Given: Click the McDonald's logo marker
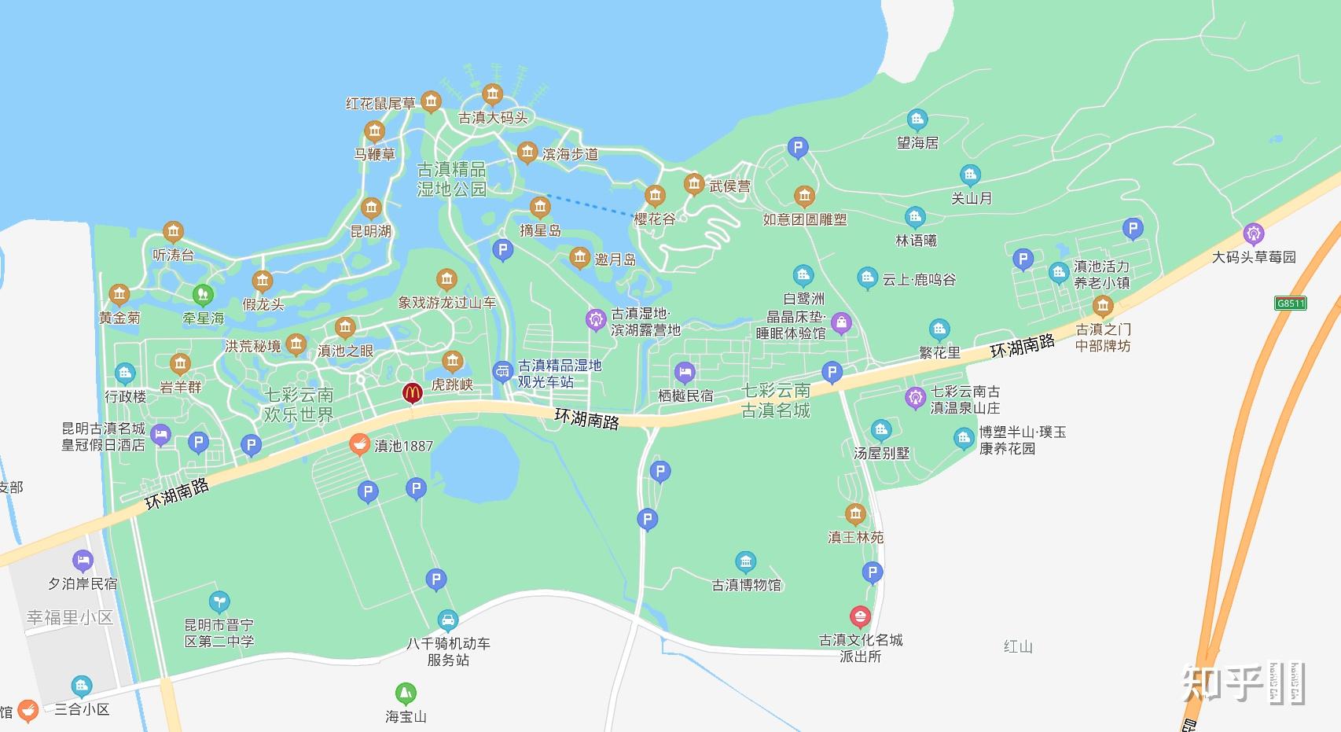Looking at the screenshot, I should click(x=412, y=392).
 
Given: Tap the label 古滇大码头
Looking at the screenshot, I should click(x=493, y=118).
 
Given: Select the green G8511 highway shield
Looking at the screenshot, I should click(x=1290, y=303).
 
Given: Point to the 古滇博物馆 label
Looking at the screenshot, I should click(x=747, y=585).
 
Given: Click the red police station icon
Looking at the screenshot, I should click(x=861, y=616).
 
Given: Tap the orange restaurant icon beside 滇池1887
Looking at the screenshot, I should click(x=359, y=445).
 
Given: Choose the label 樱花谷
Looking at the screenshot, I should click(x=655, y=219).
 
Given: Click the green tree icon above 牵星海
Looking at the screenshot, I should click(x=203, y=295).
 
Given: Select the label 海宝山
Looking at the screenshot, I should click(x=406, y=717).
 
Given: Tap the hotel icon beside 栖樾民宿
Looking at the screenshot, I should click(x=685, y=373).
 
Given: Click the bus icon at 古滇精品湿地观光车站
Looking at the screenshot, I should click(x=502, y=372).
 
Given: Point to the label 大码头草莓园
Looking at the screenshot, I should click(x=1253, y=257).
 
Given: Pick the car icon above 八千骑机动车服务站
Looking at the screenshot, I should click(x=447, y=620).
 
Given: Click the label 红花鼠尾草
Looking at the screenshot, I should click(x=380, y=103).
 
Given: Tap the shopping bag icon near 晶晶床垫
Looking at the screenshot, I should click(x=841, y=322).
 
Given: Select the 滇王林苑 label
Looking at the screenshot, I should click(x=855, y=538).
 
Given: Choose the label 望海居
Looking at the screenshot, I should click(x=917, y=143).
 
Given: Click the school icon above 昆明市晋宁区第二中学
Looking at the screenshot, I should click(x=219, y=602).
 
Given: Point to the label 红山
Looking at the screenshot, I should click(x=1018, y=646).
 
